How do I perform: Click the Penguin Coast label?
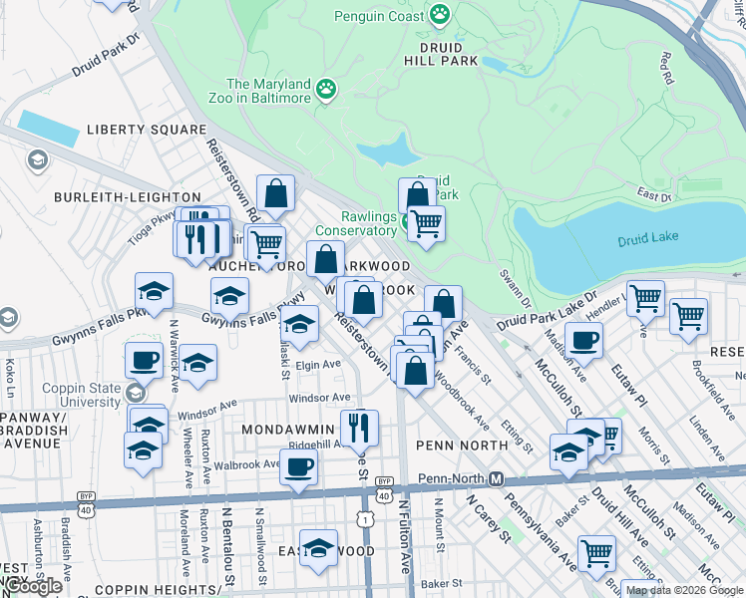pyautogui.click(x=378, y=16)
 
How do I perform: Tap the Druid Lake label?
pyautogui.click(x=647, y=239)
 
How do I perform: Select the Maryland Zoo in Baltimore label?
pyautogui.click(x=269, y=91)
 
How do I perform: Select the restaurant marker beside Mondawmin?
pyautogui.click(x=360, y=428)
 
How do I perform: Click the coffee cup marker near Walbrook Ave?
pyautogui.click(x=298, y=465)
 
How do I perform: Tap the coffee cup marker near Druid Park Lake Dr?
pyautogui.click(x=584, y=340)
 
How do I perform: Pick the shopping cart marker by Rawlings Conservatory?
pyautogui.click(x=427, y=222)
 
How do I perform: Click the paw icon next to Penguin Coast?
pyautogui.click(x=440, y=14)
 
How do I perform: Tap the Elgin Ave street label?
pyautogui.click(x=318, y=366)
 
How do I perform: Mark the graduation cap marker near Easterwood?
pyautogui.click(x=319, y=548)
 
